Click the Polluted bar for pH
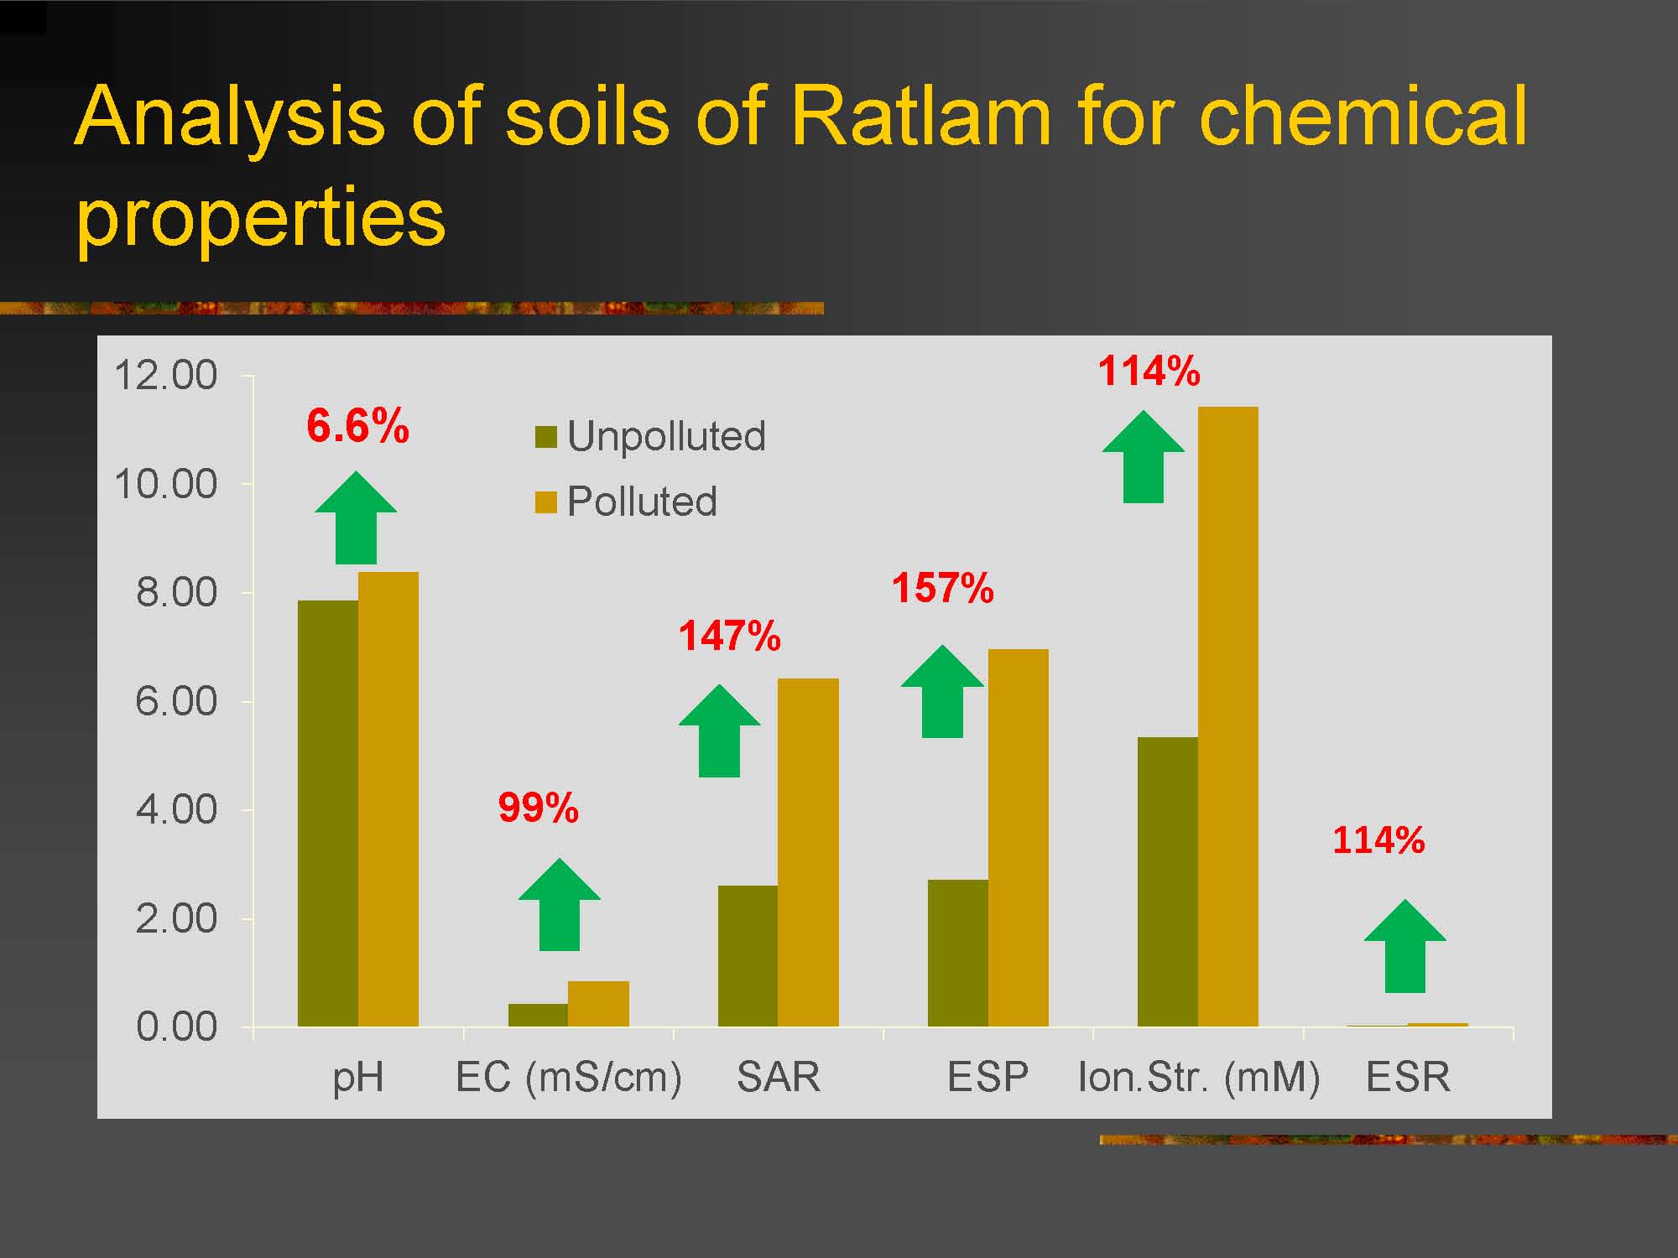pyautogui.click(x=388, y=799)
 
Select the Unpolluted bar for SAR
pyautogui.click(x=748, y=956)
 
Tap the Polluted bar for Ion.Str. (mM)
pyautogui.click(x=1228, y=716)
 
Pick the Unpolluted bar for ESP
pyautogui.click(x=958, y=953)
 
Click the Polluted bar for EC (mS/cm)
pyautogui.click(x=598, y=1004)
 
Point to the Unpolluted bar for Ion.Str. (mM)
pyautogui.click(x=1168, y=881)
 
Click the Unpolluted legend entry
pyautogui.click(x=651, y=436)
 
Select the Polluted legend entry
pyautogui.click(x=626, y=502)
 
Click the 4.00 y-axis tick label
pyautogui.click(x=176, y=810)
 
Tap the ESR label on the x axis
pyautogui.click(x=1408, y=1077)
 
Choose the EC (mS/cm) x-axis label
pyautogui.click(x=569, y=1078)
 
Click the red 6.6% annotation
pyautogui.click(x=358, y=425)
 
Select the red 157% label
pyautogui.click(x=942, y=587)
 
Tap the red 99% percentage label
pyautogui.click(x=539, y=808)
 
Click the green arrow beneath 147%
pyautogui.click(x=720, y=731)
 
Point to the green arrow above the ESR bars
pyautogui.click(x=1405, y=946)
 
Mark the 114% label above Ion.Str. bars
pyautogui.click(x=1149, y=371)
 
